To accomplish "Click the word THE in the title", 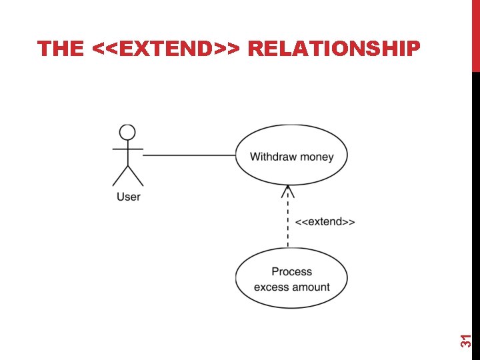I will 61,49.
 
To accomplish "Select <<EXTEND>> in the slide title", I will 169,49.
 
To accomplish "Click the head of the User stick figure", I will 127,132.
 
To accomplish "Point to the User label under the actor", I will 128,196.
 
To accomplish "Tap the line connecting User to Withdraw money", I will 190,155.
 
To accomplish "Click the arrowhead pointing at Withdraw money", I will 288,191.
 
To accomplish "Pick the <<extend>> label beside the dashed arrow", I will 325,221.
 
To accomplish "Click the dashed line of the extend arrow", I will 288,223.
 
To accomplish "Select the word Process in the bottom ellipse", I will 291,271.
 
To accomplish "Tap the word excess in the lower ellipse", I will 271,287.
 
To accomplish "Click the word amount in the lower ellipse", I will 310,287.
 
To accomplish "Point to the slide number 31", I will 467,340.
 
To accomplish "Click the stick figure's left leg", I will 120,175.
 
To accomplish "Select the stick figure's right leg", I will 135,175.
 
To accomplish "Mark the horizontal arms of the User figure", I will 127,148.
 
